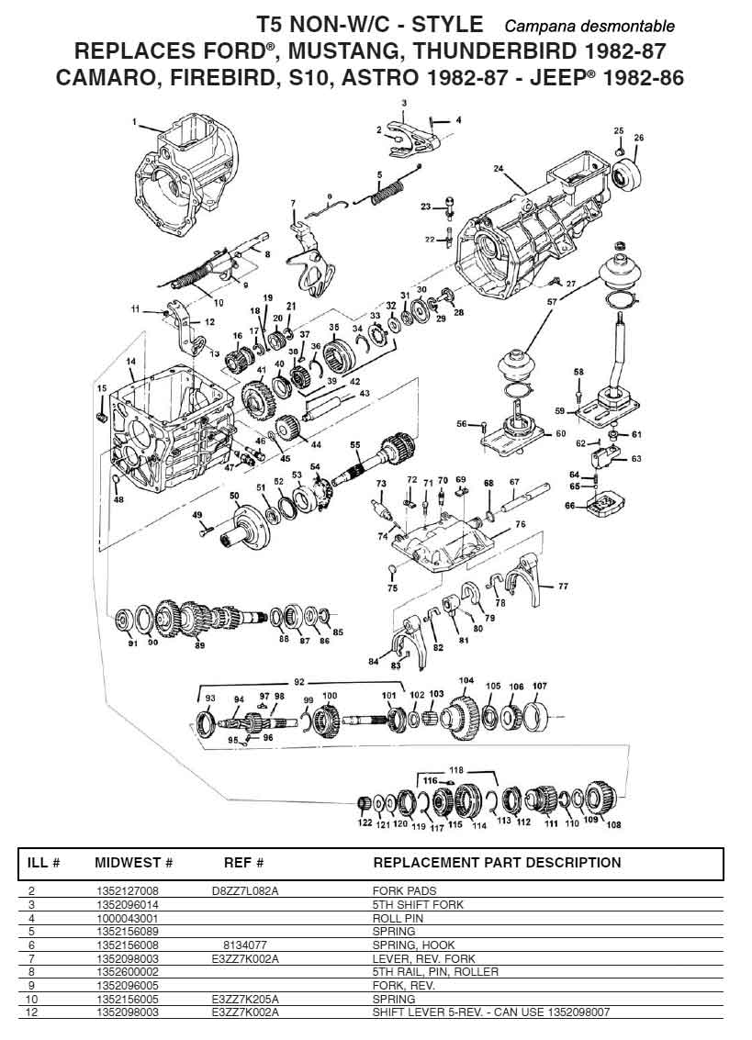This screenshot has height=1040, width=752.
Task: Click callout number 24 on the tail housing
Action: [498, 169]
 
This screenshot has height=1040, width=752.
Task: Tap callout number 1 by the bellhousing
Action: [134, 121]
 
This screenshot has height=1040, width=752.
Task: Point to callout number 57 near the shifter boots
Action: [552, 301]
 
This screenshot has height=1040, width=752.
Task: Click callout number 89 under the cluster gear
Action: [199, 645]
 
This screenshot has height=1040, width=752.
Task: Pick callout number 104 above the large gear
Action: [466, 681]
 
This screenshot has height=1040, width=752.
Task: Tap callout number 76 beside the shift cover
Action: [520, 524]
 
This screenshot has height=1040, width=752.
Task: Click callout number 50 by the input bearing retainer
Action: [234, 496]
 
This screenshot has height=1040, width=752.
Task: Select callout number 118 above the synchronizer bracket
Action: [455, 768]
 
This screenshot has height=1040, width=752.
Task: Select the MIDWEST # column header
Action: [134, 863]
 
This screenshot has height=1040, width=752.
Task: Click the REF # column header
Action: [244, 863]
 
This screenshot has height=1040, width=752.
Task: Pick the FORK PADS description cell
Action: [404, 890]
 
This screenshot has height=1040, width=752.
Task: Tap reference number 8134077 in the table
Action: [244, 945]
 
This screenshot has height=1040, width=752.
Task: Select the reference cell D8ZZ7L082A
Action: [244, 890]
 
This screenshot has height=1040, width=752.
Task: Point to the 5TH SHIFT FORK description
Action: [418, 904]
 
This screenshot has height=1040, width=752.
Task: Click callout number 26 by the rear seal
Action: [639, 138]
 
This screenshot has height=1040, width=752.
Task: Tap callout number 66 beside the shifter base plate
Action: [569, 505]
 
